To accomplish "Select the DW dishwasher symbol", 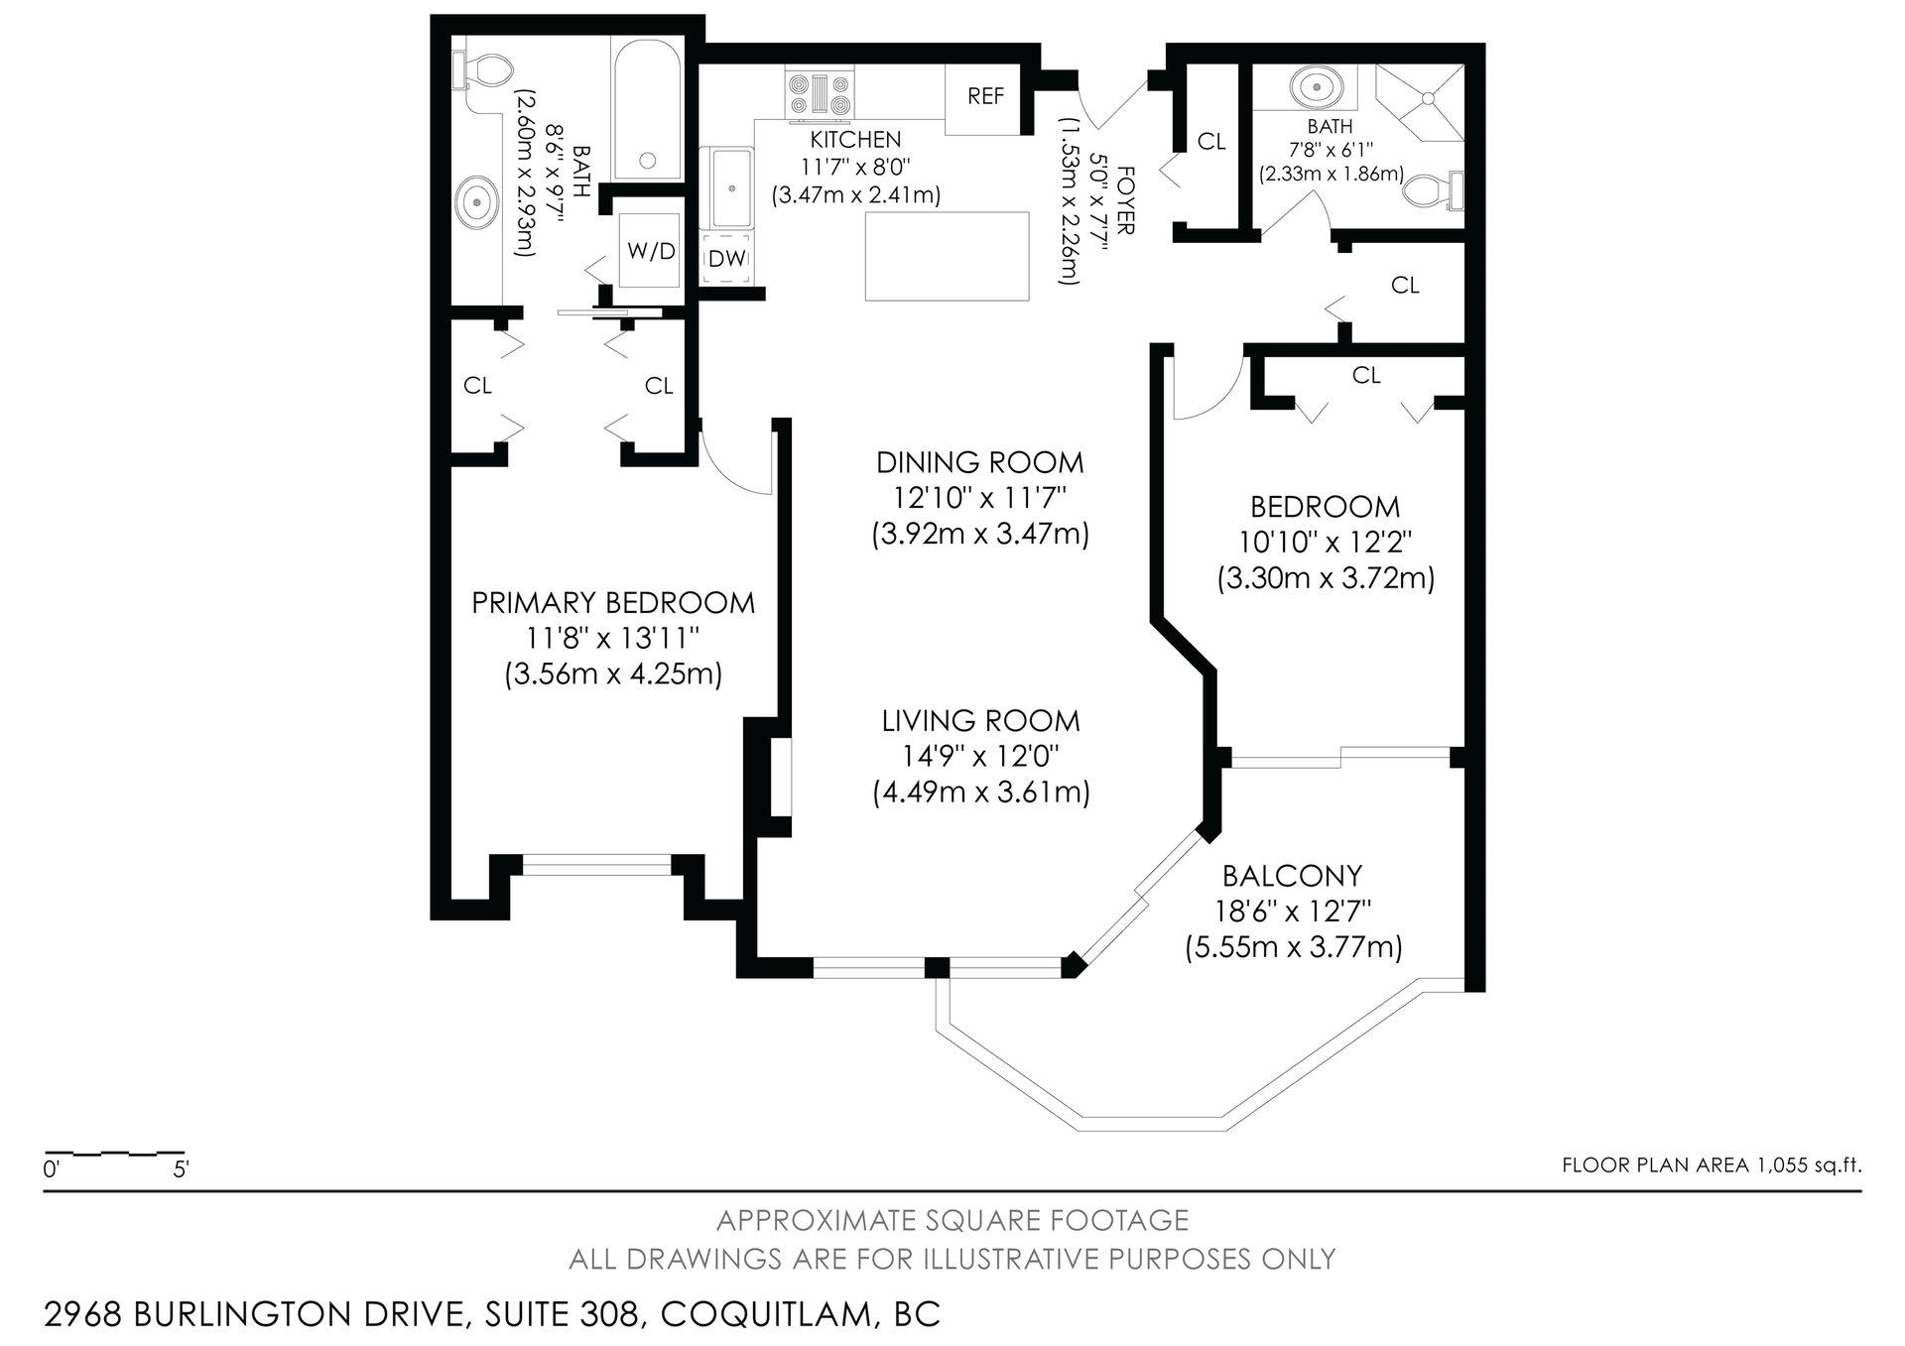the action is click(x=727, y=259).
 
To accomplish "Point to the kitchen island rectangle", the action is click(x=948, y=256).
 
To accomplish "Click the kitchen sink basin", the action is click(x=732, y=188).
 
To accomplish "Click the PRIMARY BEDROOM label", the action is click(x=613, y=603).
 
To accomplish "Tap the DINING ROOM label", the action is click(x=980, y=462).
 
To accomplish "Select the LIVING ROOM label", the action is click(x=981, y=720).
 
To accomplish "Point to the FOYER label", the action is click(x=1125, y=199).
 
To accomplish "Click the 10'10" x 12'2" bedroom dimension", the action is click(x=1326, y=543).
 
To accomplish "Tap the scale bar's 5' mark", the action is click(x=182, y=1170).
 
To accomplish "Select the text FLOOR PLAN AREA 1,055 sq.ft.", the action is click(x=1712, y=1165).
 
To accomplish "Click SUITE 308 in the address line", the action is click(x=561, y=1315).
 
